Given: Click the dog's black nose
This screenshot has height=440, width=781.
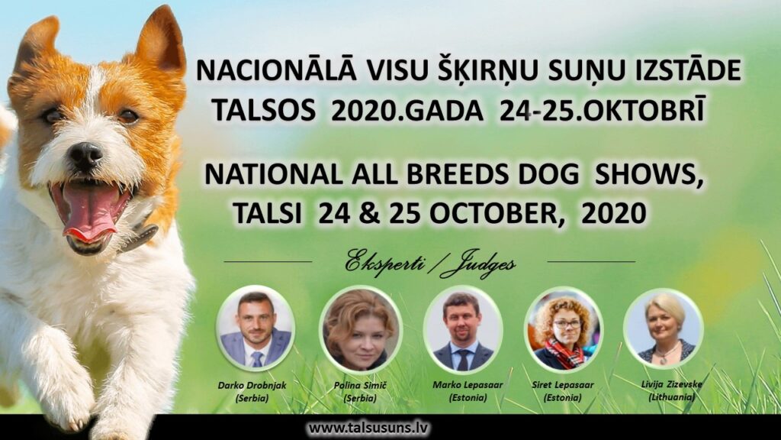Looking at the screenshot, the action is [85, 155].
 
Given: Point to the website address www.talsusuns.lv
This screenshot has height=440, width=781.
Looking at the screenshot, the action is [368, 428].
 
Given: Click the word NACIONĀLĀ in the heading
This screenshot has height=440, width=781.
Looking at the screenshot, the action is [276, 70].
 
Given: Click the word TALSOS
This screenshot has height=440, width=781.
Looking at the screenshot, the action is [263, 110].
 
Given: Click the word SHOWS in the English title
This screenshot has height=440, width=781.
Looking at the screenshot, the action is [649, 175].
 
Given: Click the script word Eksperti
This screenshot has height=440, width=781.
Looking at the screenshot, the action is [384, 263].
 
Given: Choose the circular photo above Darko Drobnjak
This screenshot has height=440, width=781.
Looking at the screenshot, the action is [256, 328].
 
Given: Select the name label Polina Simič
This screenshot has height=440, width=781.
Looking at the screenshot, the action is [360, 385].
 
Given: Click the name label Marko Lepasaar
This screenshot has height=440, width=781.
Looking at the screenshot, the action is [468, 385].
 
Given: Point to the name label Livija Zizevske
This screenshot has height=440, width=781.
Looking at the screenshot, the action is [671, 384].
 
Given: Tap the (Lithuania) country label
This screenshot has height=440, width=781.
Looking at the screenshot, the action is [671, 397].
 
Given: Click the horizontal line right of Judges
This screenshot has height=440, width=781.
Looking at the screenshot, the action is [591, 261].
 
